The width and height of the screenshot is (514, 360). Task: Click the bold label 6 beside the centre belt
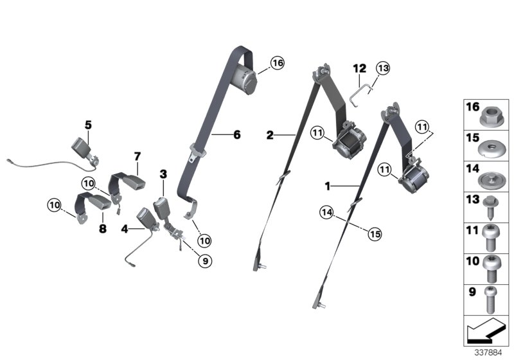pos(236,135)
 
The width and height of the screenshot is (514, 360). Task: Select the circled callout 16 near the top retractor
pos(277,63)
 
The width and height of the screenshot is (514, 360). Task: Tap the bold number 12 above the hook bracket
pos(359,68)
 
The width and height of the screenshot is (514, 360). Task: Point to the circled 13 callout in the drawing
pos(383,69)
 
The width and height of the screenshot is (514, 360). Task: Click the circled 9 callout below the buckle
pos(205,261)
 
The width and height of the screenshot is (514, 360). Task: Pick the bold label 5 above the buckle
pos(88,123)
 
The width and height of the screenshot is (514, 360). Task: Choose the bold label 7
pos(137,156)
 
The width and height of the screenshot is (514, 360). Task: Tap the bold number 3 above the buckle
pos(163,174)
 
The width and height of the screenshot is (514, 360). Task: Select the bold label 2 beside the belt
pos(270,135)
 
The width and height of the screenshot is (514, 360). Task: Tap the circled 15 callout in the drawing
pos(374,233)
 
